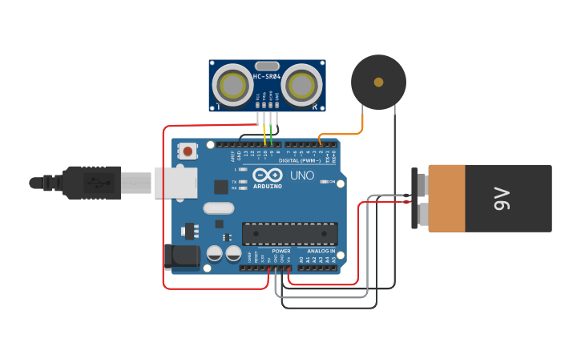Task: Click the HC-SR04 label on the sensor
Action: (267, 77)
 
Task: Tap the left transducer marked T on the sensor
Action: (232, 85)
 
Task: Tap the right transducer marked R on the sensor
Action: (301, 85)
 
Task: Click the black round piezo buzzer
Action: (378, 82)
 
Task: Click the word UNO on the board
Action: (302, 175)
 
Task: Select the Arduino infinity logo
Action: (267, 175)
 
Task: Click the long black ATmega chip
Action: (289, 233)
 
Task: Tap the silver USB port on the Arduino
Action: (176, 183)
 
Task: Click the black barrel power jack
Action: (183, 256)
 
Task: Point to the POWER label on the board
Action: (280, 251)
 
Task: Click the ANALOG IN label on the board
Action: (321, 251)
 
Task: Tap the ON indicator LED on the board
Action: (322, 182)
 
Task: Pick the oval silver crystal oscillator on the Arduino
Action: (218, 208)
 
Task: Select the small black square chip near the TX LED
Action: (221, 187)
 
